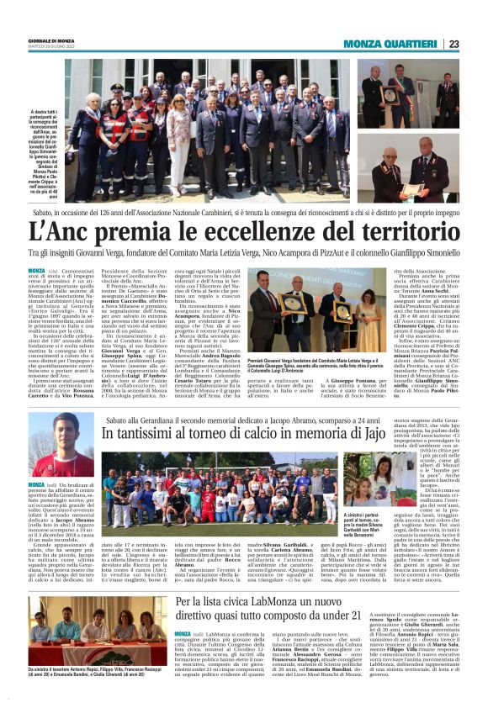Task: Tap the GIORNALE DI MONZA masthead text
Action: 50,40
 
